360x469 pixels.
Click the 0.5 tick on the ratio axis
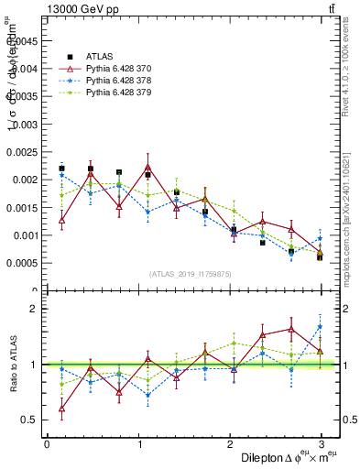point(33,420)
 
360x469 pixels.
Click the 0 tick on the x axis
point(47,444)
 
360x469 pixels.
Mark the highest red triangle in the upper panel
point(147,167)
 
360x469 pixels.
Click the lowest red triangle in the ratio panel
point(61,409)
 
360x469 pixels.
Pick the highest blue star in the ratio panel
point(320,326)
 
